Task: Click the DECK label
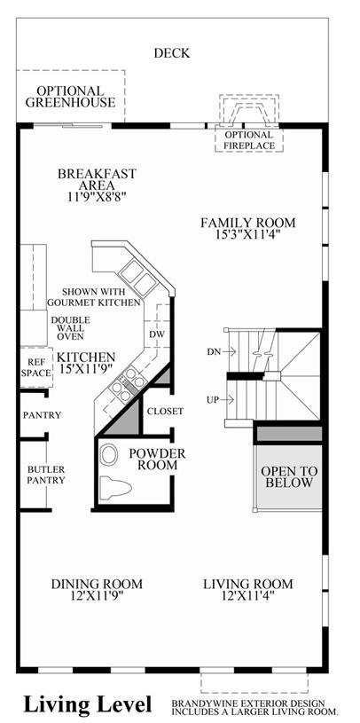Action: coord(171,53)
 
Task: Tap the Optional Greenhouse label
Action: coord(70,97)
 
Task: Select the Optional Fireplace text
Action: coord(249,140)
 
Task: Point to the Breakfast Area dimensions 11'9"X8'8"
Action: coord(96,196)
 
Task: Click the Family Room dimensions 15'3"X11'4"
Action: coord(248,234)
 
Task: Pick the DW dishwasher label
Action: coord(156,334)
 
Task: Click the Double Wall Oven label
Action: coord(71,328)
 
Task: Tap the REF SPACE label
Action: coord(36,367)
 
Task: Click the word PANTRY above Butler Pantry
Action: coord(42,415)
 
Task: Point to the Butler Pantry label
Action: coord(45,475)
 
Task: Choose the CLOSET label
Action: coord(165,411)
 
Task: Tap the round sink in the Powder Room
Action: coord(109,454)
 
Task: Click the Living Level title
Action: coord(88,704)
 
